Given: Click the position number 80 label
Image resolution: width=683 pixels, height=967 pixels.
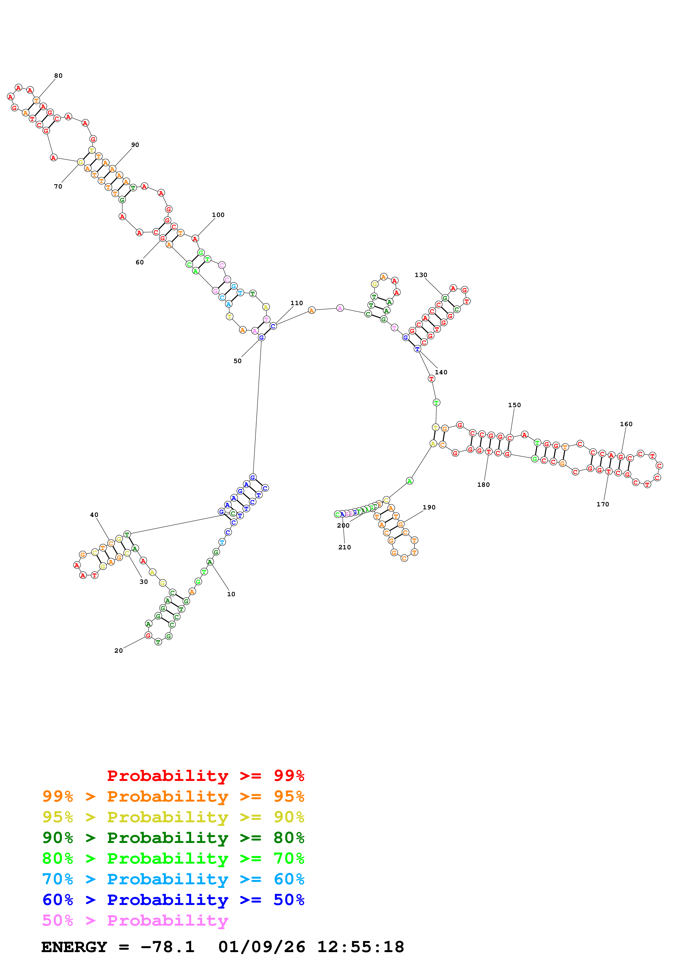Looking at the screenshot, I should pyautogui.click(x=58, y=76).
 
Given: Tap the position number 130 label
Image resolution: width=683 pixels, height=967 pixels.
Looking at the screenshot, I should pyautogui.click(x=421, y=275).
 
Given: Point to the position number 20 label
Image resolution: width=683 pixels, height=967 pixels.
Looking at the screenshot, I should pyautogui.click(x=119, y=651).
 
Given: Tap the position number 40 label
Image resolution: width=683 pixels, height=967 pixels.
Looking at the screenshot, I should pyautogui.click(x=94, y=515).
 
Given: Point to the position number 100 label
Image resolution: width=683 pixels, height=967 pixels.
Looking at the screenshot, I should pyautogui.click(x=218, y=215).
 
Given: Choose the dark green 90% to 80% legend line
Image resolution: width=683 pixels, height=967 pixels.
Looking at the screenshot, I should pyautogui.click(x=173, y=838).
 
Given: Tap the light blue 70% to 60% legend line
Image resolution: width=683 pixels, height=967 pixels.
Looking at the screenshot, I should pyautogui.click(x=173, y=879).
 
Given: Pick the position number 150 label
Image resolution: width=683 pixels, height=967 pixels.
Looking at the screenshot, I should pyautogui.click(x=514, y=405).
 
